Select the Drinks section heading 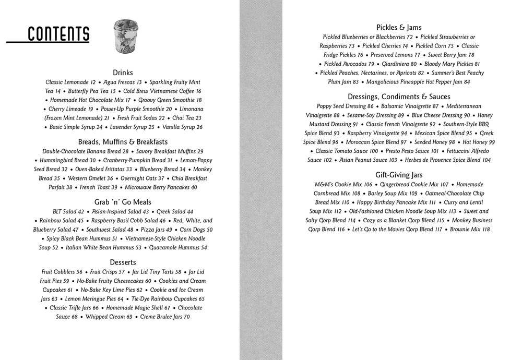coord(123,73)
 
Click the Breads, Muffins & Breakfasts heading coord(123,141)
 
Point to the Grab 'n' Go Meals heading coord(123,202)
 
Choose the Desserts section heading coord(123,262)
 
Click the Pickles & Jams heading coord(399,27)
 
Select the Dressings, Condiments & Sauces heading coord(399,97)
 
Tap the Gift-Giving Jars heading coord(399,175)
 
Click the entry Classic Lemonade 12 coord(70,82)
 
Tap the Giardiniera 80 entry coord(399,64)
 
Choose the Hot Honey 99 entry coord(479,142)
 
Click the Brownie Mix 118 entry coord(470,230)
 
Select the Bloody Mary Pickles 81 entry coord(452,64)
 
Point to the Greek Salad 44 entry coord(175,212)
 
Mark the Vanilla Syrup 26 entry coord(182,127)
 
